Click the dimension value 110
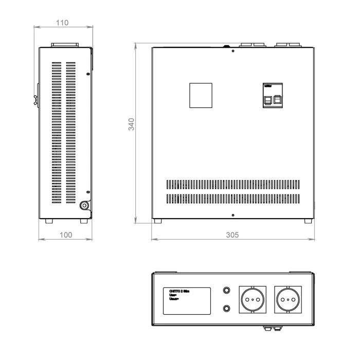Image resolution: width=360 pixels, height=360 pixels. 64,23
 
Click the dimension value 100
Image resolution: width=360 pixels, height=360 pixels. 66,234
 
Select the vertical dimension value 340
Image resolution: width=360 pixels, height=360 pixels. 132,124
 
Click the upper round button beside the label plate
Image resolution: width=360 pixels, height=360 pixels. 226,290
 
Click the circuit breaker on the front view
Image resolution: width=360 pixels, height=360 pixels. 273,96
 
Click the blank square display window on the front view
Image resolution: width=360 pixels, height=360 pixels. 201,96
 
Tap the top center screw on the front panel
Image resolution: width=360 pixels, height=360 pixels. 233,51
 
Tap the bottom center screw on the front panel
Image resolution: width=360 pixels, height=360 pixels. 233,214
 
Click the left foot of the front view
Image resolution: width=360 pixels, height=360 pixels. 157,221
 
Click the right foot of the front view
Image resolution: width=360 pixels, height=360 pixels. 307,221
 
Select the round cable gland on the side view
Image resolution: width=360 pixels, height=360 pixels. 83,205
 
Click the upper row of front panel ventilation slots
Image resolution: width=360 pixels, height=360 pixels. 232,184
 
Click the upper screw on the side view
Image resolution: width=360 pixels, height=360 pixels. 88,75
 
